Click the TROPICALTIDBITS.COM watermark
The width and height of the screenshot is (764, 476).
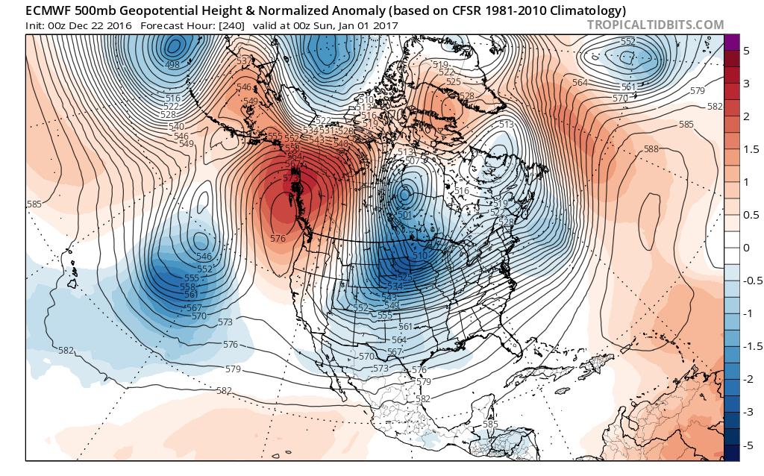click(x=656, y=25)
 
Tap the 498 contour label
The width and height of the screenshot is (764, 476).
click(x=173, y=65)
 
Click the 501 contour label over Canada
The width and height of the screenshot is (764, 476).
click(x=405, y=215)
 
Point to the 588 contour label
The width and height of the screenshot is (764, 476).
click(x=651, y=149)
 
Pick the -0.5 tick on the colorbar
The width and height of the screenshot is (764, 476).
click(x=750, y=281)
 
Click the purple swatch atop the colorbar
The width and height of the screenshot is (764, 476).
click(x=731, y=42)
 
